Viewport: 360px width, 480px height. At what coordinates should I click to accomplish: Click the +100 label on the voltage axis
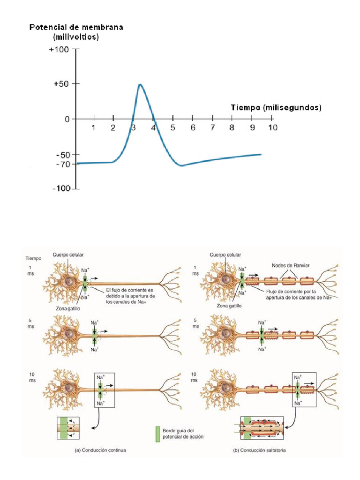pyautogui.click(x=59, y=49)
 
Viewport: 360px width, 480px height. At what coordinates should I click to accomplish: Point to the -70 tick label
pyautogui.click(x=63, y=164)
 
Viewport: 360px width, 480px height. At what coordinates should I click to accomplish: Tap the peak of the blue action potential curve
pyautogui.click(x=140, y=84)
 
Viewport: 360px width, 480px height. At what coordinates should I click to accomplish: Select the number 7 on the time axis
pyautogui.click(x=212, y=127)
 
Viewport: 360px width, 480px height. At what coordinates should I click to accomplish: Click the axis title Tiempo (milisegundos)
pyautogui.click(x=276, y=107)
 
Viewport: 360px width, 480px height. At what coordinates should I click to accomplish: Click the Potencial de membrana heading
pyautogui.click(x=76, y=27)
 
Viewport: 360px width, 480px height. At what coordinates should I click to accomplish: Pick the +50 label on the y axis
pyautogui.click(x=61, y=84)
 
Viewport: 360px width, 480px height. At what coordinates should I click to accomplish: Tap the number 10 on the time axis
pyautogui.click(x=273, y=127)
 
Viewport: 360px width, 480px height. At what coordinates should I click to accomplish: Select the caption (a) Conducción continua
pyautogui.click(x=100, y=450)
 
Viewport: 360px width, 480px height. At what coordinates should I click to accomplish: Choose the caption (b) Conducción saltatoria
pyautogui.click(x=259, y=450)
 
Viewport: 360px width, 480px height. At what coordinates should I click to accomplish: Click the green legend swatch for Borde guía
pyautogui.click(x=157, y=434)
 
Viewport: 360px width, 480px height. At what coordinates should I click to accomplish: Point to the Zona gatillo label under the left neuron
pyautogui.click(x=68, y=308)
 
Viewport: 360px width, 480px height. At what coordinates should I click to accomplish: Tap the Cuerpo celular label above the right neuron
pyautogui.click(x=225, y=255)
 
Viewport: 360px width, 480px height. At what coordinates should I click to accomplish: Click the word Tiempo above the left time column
pyautogui.click(x=33, y=258)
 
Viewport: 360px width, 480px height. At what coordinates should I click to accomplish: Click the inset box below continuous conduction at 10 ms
pyautogui.click(x=68, y=428)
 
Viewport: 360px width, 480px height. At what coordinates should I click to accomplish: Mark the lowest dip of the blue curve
pyautogui.click(x=181, y=165)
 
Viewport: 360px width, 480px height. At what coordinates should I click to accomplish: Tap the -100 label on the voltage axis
pyautogui.click(x=61, y=188)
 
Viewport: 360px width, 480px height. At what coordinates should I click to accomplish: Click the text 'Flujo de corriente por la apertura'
pyautogui.click(x=291, y=294)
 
